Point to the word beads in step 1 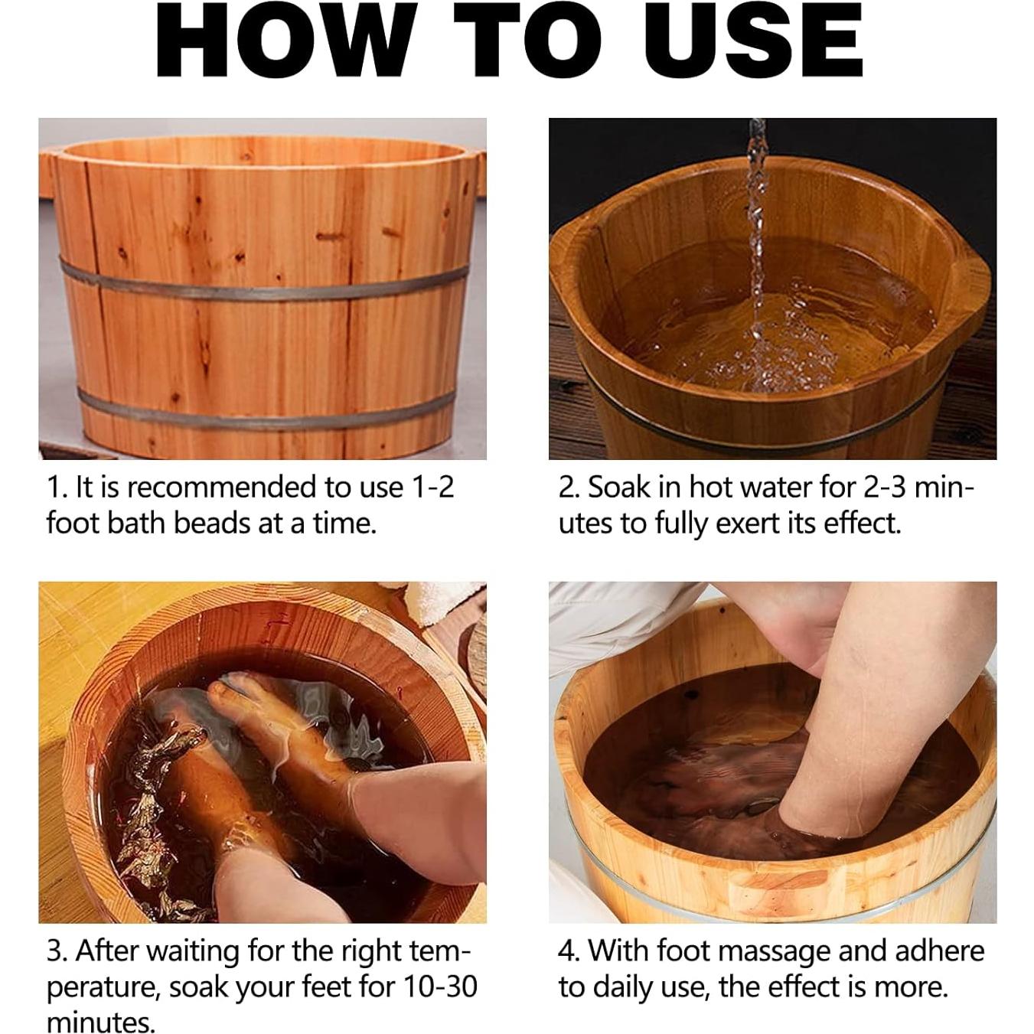coord(210,524)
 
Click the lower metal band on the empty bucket coord(260,413)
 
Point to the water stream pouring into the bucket coord(757,230)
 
